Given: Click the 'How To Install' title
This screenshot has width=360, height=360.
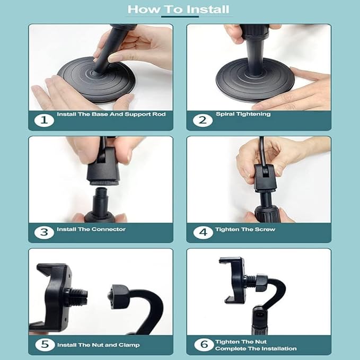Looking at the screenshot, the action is (178, 10).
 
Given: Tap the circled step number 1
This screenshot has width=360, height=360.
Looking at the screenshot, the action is (44, 120).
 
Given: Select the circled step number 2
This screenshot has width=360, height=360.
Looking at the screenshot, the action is (203, 120).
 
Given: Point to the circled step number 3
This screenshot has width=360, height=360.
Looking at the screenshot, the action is (44, 232).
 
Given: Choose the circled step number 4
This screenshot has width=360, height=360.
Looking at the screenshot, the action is (203, 232).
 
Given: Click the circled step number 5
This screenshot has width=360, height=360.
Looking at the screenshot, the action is (45, 345).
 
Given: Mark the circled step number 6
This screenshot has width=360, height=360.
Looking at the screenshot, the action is (204, 345).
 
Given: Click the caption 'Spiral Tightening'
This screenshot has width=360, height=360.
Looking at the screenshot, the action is (243, 114).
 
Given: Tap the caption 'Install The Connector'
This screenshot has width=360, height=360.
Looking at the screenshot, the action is (91, 229).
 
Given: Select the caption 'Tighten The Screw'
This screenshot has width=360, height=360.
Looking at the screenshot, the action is (245, 229).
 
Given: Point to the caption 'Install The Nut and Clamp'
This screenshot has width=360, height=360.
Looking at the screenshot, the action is (98, 345).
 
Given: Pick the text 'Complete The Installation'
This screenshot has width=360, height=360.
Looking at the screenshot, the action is (256, 348).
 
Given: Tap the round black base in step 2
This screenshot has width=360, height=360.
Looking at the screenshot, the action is (256, 81).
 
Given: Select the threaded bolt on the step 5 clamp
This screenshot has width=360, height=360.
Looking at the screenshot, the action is (76, 296).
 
